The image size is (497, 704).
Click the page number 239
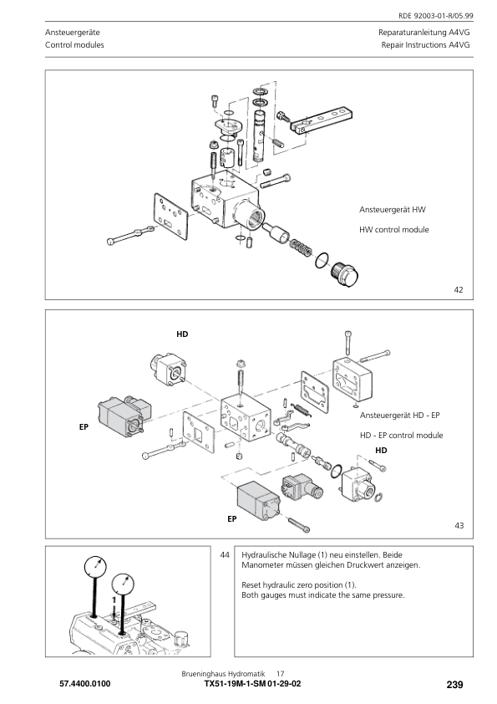pos(454,685)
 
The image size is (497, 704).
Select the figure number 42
pos(458,289)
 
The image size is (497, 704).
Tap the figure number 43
pos(459,525)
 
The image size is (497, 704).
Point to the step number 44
pos(225,555)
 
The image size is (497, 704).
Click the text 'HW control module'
pos(393,229)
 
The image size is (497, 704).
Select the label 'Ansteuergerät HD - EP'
pos(399,416)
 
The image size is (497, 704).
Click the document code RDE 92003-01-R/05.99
pos(435,16)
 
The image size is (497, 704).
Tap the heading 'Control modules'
pos(74,45)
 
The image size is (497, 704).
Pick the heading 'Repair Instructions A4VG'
pos(426,45)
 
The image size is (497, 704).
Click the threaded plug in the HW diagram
pos(344,273)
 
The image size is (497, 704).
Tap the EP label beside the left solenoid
pos(84,427)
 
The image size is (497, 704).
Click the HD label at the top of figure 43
pos(182,334)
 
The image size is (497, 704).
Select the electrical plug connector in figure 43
pos(302,488)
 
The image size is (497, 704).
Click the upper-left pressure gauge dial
pos(95,567)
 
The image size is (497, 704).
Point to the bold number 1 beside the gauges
pos(114,599)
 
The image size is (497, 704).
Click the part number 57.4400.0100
pos(84,684)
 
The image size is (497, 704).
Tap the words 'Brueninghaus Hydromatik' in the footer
pos(223,674)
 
